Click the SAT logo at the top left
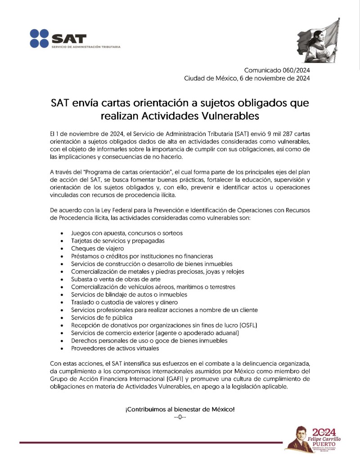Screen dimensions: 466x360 click(58, 38)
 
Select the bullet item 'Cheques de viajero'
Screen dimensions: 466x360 click(97, 248)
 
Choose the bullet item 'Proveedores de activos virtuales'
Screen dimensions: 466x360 click(115, 348)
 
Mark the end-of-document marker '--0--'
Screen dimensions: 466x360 click(180, 417)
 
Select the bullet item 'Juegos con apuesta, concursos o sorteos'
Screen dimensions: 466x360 click(126, 233)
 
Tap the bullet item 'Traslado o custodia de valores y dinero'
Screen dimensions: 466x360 click(124, 302)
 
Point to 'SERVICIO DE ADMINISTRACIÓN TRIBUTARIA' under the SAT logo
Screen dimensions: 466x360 click(86, 47)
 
